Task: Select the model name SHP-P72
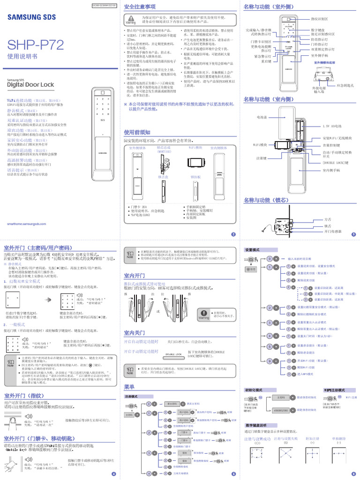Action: [35, 45]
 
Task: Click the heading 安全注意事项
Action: [140, 7]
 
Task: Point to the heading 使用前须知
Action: [137, 132]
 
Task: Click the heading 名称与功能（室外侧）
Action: [269, 7]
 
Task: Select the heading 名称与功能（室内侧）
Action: [269, 99]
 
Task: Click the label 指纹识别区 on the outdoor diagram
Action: [320, 19]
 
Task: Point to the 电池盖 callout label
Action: [262, 117]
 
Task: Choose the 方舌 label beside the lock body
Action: [328, 219]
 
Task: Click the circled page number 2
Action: [233, 234]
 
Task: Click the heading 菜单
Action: [129, 387]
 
